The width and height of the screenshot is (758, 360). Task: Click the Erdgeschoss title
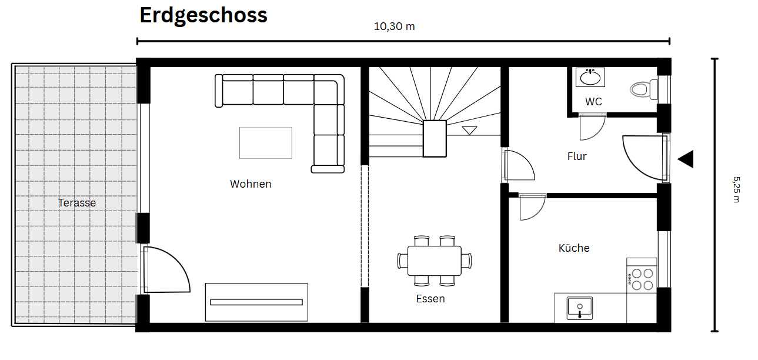(203, 16)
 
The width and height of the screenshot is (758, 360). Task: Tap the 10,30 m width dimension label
(394, 26)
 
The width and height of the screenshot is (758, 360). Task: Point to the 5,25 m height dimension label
(736, 188)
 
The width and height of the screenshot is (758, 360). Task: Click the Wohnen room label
(251, 184)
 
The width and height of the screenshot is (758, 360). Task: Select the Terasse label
(77, 203)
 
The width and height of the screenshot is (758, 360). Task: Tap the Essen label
(430, 299)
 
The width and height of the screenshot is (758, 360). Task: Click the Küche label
(574, 248)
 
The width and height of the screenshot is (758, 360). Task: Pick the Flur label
(577, 156)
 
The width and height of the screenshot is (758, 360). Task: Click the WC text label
(593, 102)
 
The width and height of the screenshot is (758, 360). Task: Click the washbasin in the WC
(590, 77)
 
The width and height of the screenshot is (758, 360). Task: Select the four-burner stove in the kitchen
(641, 278)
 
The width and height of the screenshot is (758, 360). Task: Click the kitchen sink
(580, 308)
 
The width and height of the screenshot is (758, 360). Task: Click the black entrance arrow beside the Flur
(686, 159)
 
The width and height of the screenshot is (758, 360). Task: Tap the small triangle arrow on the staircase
(469, 130)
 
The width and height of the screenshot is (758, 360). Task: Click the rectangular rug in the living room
(266, 143)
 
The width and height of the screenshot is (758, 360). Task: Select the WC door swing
(592, 127)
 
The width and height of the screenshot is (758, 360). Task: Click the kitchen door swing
(532, 206)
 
